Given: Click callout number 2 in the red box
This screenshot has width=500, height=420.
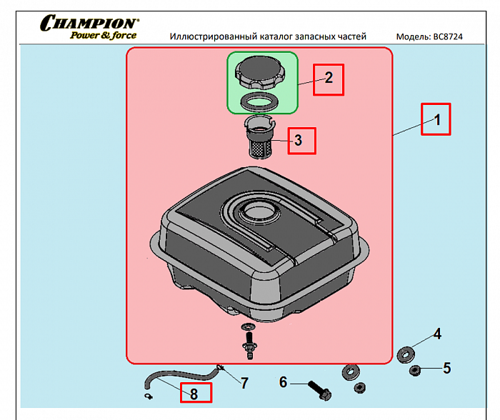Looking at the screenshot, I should click(x=329, y=79).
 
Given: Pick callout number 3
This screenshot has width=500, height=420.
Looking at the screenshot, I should click(x=299, y=141).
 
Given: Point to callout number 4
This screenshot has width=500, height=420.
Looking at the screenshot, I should click(x=438, y=333).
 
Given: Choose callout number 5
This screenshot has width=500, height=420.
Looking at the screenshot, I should click(x=446, y=368).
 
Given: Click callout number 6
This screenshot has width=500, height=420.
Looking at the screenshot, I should click(x=284, y=382).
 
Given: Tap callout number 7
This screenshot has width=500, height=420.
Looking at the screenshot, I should click(x=244, y=383).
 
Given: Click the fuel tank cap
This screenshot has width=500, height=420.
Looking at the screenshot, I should click(x=260, y=73).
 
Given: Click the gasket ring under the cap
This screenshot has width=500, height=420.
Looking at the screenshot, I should click(x=257, y=101).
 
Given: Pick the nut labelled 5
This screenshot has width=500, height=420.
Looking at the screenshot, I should click(x=414, y=370).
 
